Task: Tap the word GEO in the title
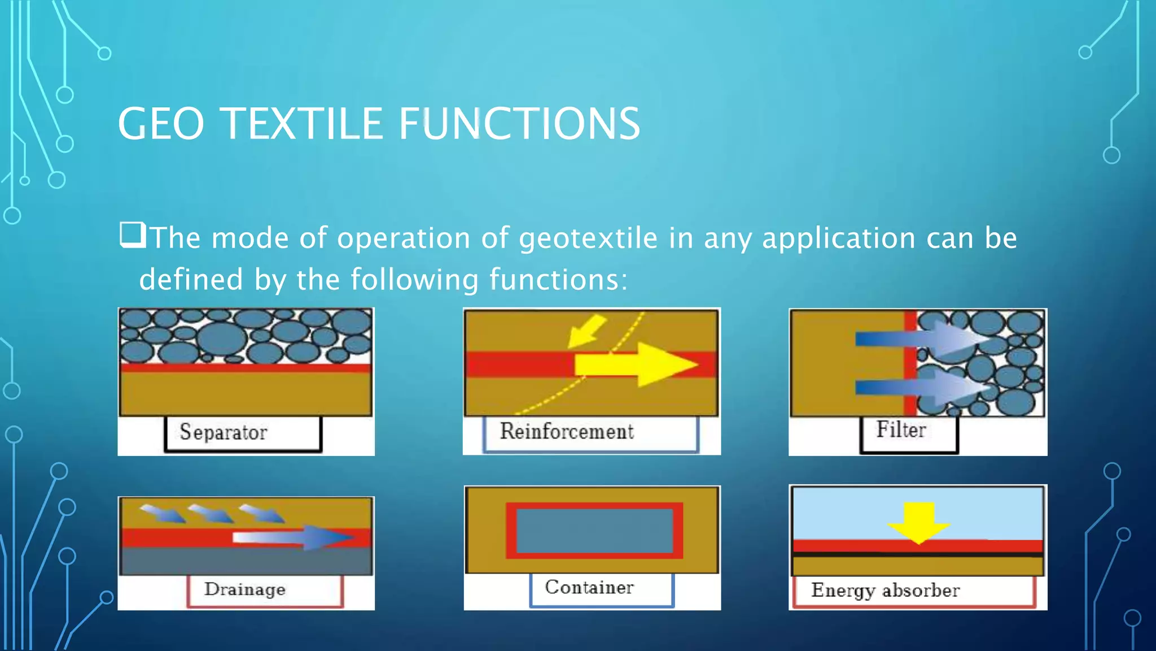(161, 124)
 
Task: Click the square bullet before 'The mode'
(133, 235)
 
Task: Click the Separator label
(224, 432)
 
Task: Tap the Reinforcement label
(567, 432)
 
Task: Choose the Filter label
(901, 430)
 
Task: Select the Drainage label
(245, 589)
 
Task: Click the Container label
(589, 588)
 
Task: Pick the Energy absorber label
(885, 591)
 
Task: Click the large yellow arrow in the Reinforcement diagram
(638, 365)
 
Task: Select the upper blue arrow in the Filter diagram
(920, 339)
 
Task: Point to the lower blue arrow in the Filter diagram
(920, 388)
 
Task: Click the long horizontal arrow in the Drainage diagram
(294, 537)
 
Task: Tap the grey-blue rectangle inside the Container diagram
(594, 531)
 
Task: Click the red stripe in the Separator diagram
(246, 368)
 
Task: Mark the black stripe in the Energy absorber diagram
(918, 554)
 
